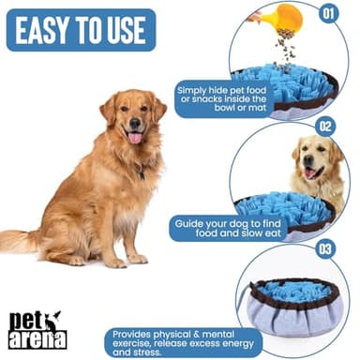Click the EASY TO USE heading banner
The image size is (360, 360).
pyautogui.click(x=81, y=29)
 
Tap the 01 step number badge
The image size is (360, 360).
pyautogui.click(x=326, y=14)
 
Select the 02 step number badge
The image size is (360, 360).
pyautogui.click(x=324, y=126)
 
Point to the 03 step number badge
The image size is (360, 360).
pyautogui.click(x=324, y=247)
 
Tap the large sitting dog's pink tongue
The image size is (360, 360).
pyautogui.click(x=136, y=137)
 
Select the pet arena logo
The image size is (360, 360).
pyautogui.click(x=39, y=328)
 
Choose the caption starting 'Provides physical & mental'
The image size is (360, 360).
pyautogui.click(x=182, y=342)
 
